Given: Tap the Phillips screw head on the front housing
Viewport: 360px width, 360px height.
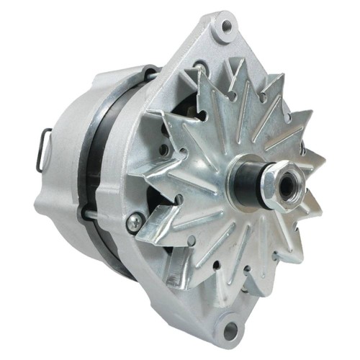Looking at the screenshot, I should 133,224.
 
